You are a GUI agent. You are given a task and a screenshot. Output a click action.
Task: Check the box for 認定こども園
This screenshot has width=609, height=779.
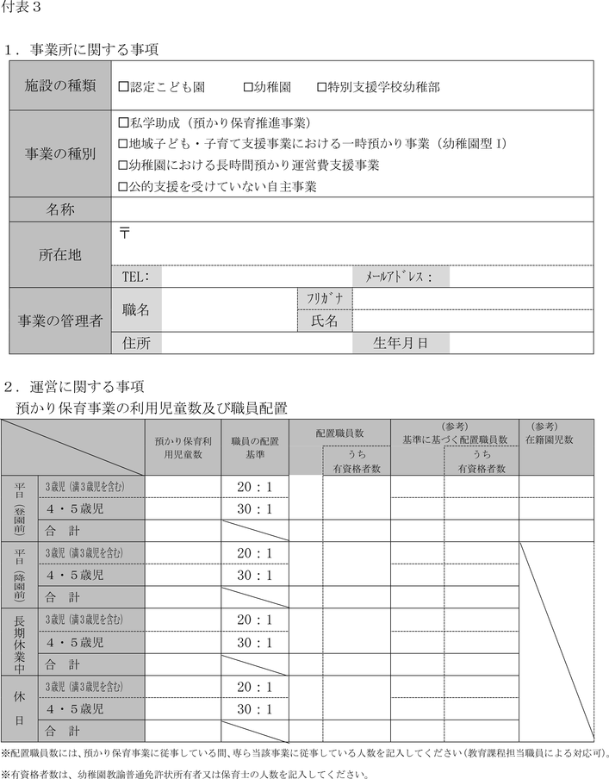[121, 86]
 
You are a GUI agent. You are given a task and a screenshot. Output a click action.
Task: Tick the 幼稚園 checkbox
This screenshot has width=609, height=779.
[248, 86]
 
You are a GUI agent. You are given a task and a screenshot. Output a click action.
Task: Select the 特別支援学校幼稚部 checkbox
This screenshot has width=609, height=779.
[322, 86]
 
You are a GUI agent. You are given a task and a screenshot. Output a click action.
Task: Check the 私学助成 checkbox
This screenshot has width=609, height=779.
[121, 122]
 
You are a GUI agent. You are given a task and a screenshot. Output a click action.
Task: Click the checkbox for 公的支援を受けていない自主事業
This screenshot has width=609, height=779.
[121, 185]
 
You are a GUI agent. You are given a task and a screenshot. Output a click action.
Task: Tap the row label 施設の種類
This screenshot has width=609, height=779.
[59, 86]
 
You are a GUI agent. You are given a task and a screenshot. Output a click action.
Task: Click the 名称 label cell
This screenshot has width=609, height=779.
[59, 209]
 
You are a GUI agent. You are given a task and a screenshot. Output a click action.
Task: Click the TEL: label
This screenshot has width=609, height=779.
[136, 277]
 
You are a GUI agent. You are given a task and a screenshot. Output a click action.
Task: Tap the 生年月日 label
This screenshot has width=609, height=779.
[400, 343]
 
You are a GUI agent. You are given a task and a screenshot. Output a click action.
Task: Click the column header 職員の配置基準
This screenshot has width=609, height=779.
[255, 446]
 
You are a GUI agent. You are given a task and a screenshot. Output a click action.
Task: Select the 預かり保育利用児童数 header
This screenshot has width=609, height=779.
[182, 446]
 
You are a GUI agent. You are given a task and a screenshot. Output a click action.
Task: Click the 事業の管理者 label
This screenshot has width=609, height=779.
[59, 321]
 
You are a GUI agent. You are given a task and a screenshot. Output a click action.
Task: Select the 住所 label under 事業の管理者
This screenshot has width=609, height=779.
[136, 343]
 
